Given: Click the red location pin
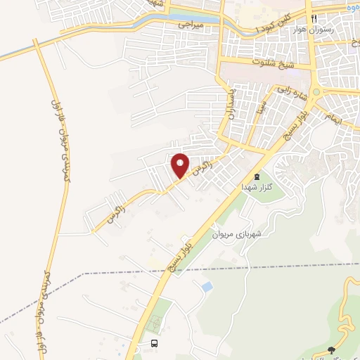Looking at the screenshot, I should pyautogui.click(x=181, y=165).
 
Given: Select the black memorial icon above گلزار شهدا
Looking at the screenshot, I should pyautogui.click(x=256, y=176).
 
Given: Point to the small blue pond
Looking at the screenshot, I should pyautogui.click(x=207, y=287).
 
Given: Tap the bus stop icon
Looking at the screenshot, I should pyautogui.click(x=154, y=343).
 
